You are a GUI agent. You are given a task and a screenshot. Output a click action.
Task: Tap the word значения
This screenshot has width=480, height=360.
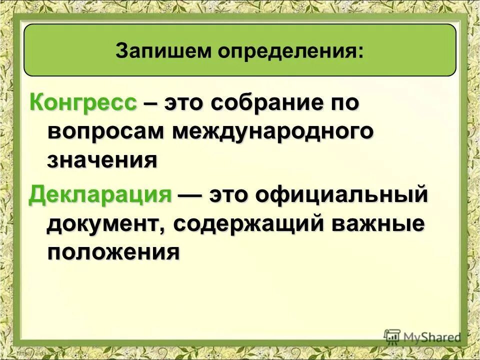click(x=103, y=160)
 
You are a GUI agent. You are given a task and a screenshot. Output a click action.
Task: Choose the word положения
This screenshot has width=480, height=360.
click(x=113, y=251)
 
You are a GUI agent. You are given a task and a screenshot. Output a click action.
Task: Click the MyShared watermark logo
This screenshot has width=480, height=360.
click(x=423, y=337)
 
